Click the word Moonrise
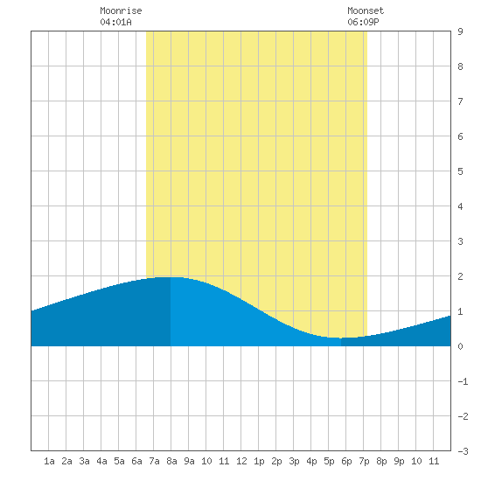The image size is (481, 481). coord(121,10)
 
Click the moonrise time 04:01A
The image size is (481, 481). coord(115,22)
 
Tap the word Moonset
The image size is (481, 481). coord(366,10)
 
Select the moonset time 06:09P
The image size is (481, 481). coord(363,22)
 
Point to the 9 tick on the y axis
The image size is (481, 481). coord(460,31)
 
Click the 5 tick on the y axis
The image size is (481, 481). coord(460,171)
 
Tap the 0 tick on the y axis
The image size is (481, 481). coord(460,346)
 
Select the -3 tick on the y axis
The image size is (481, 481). coord(463,451)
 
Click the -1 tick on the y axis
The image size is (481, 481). coord(463,381)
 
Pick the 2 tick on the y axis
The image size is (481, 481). coord(460,276)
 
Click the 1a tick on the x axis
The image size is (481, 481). coord(49,461)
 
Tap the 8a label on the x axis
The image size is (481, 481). coord(171,461)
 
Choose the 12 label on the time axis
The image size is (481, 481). coord(241,461)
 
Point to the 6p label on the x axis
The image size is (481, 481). coord(346,461)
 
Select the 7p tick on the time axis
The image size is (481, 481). coord(364,461)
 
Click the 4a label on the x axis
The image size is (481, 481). coord(101,461)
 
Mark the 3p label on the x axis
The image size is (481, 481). coord(294,461)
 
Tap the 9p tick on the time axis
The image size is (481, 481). coord(399,461)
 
